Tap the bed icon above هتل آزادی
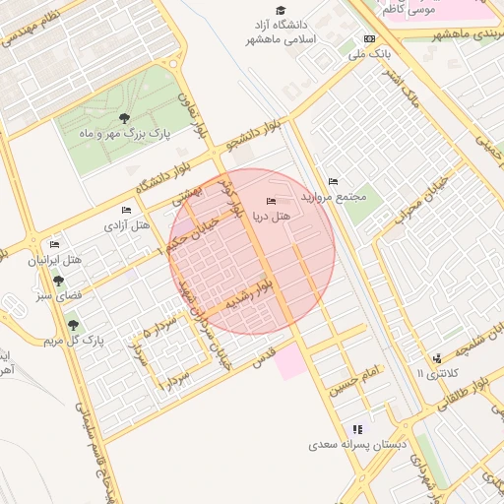pos(126,210)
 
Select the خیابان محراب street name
pos(414,203)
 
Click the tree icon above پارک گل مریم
pos(72,325)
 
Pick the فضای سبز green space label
pos(59,295)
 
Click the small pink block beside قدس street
pos(290,362)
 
